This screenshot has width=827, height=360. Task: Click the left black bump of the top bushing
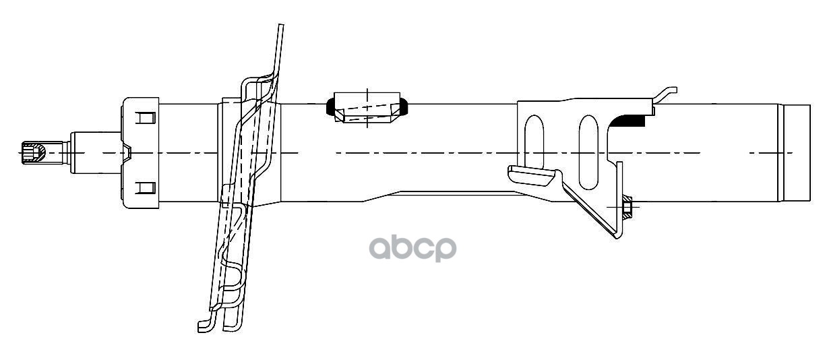pos(331,107)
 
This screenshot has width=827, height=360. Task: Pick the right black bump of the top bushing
pos(406,107)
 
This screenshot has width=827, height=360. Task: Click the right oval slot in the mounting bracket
pos(588,152)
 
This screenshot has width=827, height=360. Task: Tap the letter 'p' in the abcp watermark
pos(445,249)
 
